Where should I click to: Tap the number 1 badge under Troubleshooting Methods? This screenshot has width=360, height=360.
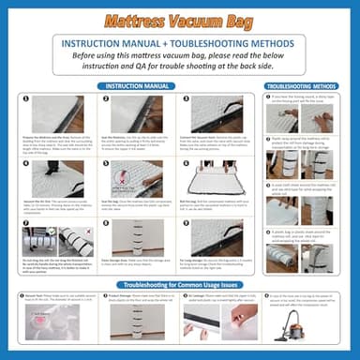(269, 97)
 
